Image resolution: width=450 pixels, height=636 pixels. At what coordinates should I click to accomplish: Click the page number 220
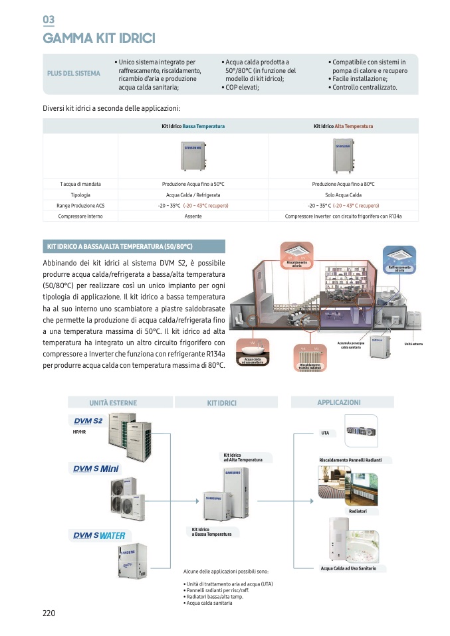(49, 613)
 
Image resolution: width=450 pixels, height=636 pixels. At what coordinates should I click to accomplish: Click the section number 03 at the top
(49, 19)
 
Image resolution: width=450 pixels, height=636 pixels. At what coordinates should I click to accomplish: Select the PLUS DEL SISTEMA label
(74, 73)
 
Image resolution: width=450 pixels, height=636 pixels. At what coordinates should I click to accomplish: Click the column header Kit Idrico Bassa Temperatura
(193, 126)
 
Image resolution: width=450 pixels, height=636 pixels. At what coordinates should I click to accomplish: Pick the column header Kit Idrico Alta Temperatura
(343, 126)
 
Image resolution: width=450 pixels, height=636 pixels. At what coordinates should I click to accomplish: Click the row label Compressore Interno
(80, 216)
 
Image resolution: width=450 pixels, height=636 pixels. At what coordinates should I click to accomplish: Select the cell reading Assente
(193, 216)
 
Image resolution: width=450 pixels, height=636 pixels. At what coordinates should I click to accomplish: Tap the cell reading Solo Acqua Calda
(343, 195)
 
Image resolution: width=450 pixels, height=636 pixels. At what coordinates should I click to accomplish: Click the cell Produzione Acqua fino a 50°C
(193, 183)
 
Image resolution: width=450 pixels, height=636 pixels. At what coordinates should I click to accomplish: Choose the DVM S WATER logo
(98, 535)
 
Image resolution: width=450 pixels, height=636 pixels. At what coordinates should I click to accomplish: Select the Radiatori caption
(358, 511)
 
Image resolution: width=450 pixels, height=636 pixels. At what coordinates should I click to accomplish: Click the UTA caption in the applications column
(325, 433)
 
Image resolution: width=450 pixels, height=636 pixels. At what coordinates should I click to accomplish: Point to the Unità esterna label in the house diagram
(413, 344)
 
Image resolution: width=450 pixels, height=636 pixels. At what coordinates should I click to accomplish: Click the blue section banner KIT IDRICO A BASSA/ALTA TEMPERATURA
(134, 247)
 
